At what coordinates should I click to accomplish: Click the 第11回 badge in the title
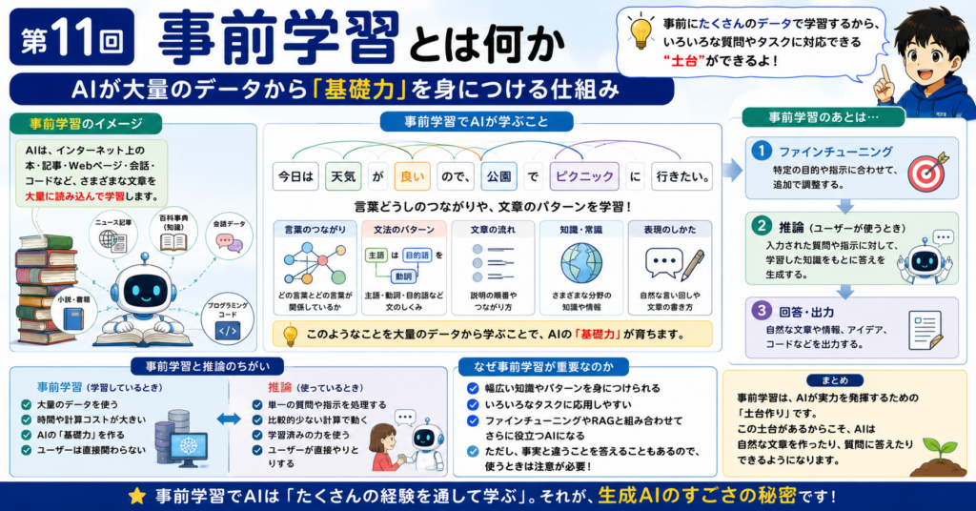[71, 37]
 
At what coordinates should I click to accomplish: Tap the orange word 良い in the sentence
[412, 176]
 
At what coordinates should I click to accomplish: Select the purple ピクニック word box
[584, 176]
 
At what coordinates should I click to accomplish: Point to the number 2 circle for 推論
[761, 226]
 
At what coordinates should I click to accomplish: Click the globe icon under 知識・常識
[580, 263]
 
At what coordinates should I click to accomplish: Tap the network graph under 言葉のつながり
[315, 264]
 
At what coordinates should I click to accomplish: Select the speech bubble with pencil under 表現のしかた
[674, 264]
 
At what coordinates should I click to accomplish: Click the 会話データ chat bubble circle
[229, 237]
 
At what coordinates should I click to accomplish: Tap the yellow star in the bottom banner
[137, 496]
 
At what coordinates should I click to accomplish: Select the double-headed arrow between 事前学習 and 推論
[229, 419]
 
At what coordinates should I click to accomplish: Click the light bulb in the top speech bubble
[640, 31]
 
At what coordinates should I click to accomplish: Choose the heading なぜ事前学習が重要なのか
[542, 367]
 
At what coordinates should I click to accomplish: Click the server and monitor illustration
[180, 439]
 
